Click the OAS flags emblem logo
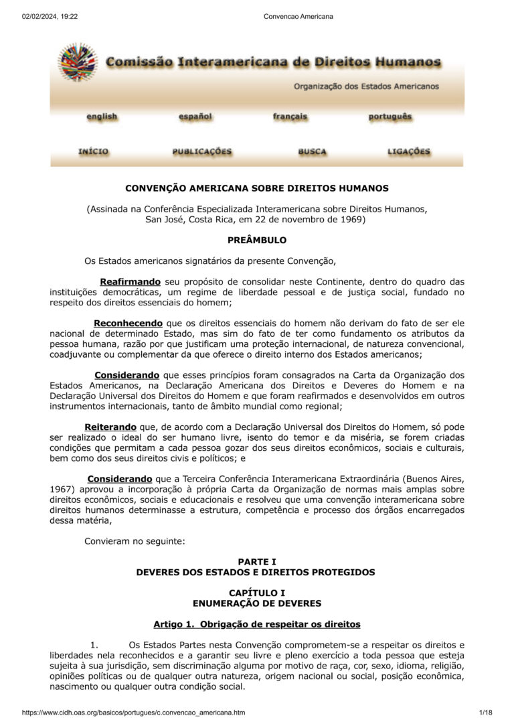pyautogui.click(x=78, y=62)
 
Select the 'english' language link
pyautogui.click(x=102, y=117)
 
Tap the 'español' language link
pyautogui.click(x=195, y=117)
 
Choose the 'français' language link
pyautogui.click(x=290, y=117)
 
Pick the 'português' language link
pyautogui.click(x=390, y=117)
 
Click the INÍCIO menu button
pyautogui.click(x=93, y=151)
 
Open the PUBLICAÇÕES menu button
pyautogui.click(x=202, y=151)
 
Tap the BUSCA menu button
pyautogui.click(x=312, y=151)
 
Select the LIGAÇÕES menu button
pyautogui.click(x=409, y=151)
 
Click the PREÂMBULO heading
pyautogui.click(x=257, y=240)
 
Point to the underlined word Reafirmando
pyautogui.click(x=130, y=282)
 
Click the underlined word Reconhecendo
pyautogui.click(x=128, y=323)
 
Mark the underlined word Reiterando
pyautogui.click(x=110, y=427)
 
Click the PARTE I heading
pyautogui.click(x=257, y=562)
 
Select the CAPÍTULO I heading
pyautogui.click(x=257, y=593)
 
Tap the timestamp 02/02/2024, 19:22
pyautogui.click(x=50, y=16)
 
